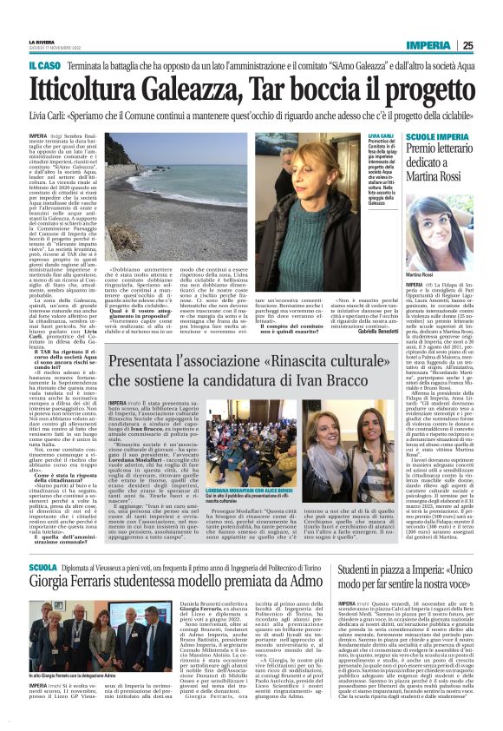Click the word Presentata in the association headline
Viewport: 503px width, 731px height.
tap(150, 356)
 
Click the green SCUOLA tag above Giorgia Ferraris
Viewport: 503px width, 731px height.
tap(44, 567)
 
